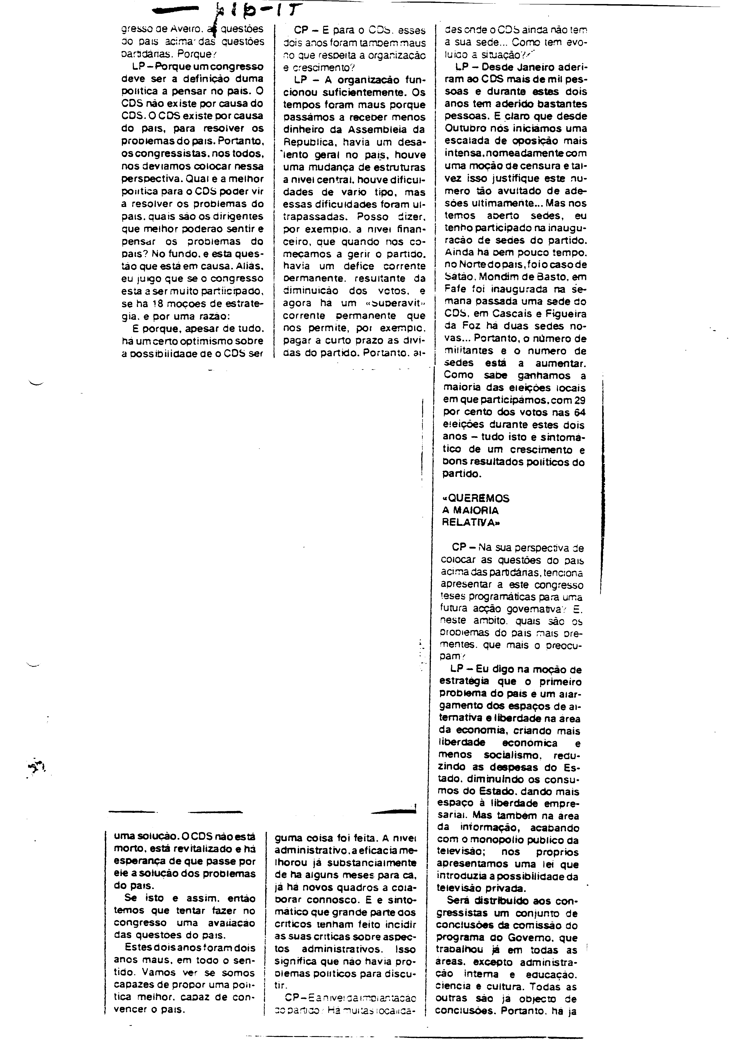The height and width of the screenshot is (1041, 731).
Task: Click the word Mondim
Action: tap(499, 277)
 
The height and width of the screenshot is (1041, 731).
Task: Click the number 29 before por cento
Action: tap(579, 400)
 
